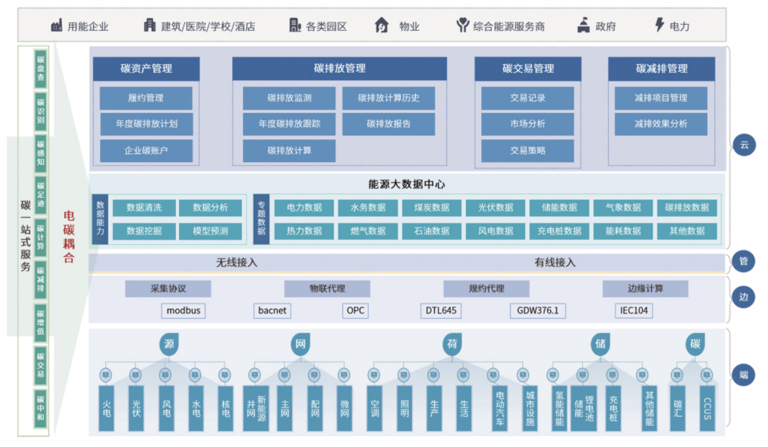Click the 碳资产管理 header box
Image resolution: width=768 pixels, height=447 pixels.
146,68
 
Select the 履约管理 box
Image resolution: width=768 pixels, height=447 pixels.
146,98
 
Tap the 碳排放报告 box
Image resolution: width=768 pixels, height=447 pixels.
388,124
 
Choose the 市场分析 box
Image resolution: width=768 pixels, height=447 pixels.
527,124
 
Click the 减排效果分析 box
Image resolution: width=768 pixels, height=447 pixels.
660,124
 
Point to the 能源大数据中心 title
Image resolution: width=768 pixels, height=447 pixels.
406,184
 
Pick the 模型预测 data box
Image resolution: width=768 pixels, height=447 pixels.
210,231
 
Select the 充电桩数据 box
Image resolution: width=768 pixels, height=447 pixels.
559,231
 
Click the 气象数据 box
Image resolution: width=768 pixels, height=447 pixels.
623,207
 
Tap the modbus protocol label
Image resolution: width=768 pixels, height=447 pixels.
183,310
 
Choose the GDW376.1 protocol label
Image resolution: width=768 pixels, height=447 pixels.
538,310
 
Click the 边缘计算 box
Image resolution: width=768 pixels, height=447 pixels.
645,288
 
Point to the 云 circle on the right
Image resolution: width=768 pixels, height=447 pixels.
744,145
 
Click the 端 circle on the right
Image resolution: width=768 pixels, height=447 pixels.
744,375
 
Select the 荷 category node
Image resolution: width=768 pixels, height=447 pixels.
452,344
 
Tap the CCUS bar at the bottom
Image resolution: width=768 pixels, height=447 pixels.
707,408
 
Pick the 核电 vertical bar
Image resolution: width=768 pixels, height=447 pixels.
225,408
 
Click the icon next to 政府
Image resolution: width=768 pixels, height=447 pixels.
584,25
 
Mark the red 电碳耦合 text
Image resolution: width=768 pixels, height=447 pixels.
69,236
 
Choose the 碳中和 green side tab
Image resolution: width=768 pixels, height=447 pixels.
41,408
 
